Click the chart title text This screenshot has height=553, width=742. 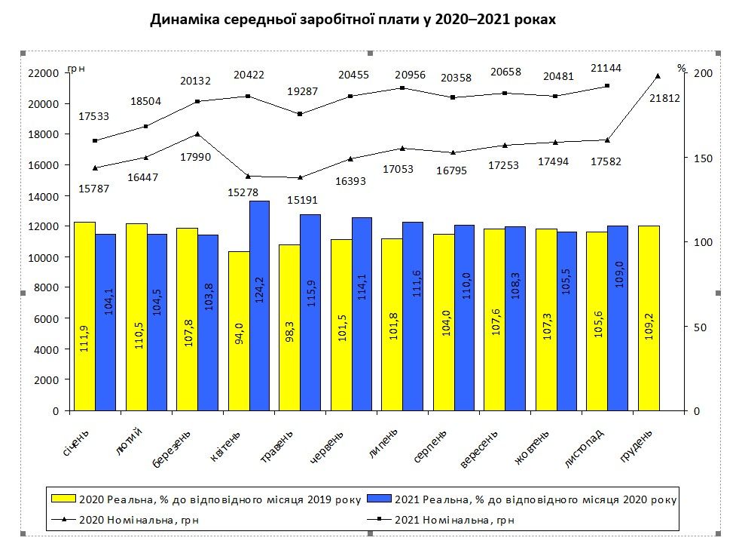pos(353,20)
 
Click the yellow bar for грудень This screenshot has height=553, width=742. pos(649,318)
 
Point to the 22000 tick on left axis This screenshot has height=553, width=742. pos(44,73)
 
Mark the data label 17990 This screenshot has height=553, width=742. pos(195,156)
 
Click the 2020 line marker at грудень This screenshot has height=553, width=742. pos(658,75)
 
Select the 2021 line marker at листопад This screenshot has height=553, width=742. pos(607,86)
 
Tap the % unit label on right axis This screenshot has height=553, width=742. pos(682,68)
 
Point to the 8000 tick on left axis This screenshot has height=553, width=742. pos(47,288)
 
